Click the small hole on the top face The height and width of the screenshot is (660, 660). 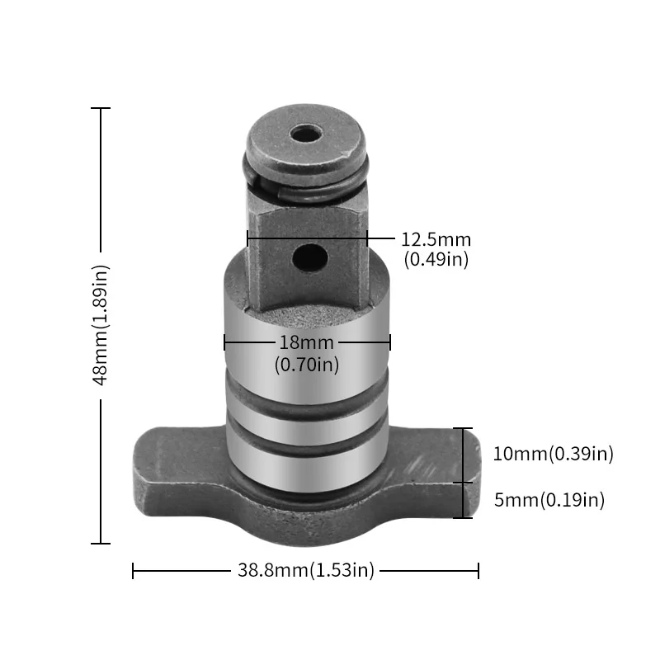pyautogui.click(x=306, y=133)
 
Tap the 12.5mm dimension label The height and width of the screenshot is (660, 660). pyautogui.click(x=436, y=240)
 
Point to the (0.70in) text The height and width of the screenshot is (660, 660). pyautogui.click(x=306, y=364)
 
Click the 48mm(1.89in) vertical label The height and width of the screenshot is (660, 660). pyautogui.click(x=101, y=325)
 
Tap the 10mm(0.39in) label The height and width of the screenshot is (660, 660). pyautogui.click(x=553, y=454)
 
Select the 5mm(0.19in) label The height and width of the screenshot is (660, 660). pyautogui.click(x=549, y=499)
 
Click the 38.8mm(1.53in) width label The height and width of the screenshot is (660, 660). pyautogui.click(x=306, y=570)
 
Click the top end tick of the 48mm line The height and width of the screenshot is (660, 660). pyautogui.click(x=101, y=108)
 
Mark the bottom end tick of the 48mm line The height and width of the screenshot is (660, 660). pyautogui.click(x=101, y=543)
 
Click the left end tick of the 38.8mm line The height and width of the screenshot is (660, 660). pyautogui.click(x=133, y=570)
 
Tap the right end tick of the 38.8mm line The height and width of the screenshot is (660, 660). pyautogui.click(x=478, y=570)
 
